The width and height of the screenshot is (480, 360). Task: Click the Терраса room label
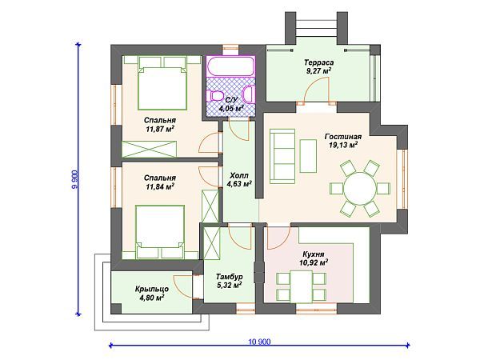[319, 62]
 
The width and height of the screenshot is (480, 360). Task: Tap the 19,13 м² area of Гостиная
[343, 145]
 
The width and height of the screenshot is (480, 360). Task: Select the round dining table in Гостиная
[360, 188]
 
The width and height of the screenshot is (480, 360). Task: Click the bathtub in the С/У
[230, 66]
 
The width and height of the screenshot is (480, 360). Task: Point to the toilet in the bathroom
[215, 96]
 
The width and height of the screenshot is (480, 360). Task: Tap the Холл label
[239, 175]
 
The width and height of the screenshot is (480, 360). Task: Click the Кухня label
[314, 254]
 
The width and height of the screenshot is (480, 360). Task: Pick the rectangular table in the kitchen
[302, 286]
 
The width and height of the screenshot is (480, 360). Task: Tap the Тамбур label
[230, 277]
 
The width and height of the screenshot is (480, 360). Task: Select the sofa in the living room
[282, 156]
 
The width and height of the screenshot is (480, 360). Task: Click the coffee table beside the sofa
[308, 156]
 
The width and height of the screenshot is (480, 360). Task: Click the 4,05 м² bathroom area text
[231, 108]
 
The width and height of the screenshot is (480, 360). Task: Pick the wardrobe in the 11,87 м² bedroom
[149, 150]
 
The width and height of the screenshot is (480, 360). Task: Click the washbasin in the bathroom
[249, 94]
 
